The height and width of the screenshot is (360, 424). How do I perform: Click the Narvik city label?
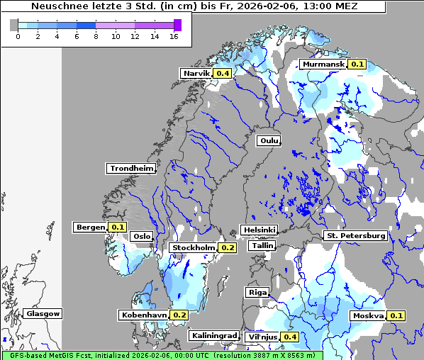pos(196,73)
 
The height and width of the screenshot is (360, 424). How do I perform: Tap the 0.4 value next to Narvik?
pos(223,73)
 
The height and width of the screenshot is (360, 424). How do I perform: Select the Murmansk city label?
pos(323,64)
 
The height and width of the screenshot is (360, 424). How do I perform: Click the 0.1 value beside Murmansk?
pos(357,64)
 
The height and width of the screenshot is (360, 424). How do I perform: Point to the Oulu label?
pos(269,140)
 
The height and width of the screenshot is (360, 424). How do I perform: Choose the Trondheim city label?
pos(131,168)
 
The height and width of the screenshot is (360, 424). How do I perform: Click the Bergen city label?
pos(90,227)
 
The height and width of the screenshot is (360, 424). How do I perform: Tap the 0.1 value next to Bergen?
pos(118,227)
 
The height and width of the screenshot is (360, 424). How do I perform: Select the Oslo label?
pos(142,237)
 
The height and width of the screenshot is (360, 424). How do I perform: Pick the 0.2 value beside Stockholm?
pos(228,248)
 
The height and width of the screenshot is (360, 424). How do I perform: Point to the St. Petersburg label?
pos(355,235)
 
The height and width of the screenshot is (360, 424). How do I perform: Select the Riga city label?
pos(257,292)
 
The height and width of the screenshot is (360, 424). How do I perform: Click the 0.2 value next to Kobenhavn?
pos(179,315)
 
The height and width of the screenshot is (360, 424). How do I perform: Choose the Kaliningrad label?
pos(213,335)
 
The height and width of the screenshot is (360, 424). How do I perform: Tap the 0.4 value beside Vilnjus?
pos(289,337)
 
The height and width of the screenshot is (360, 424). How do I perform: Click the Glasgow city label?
pos(43,313)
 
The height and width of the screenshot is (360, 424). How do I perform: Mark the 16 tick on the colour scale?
pos(174,36)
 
